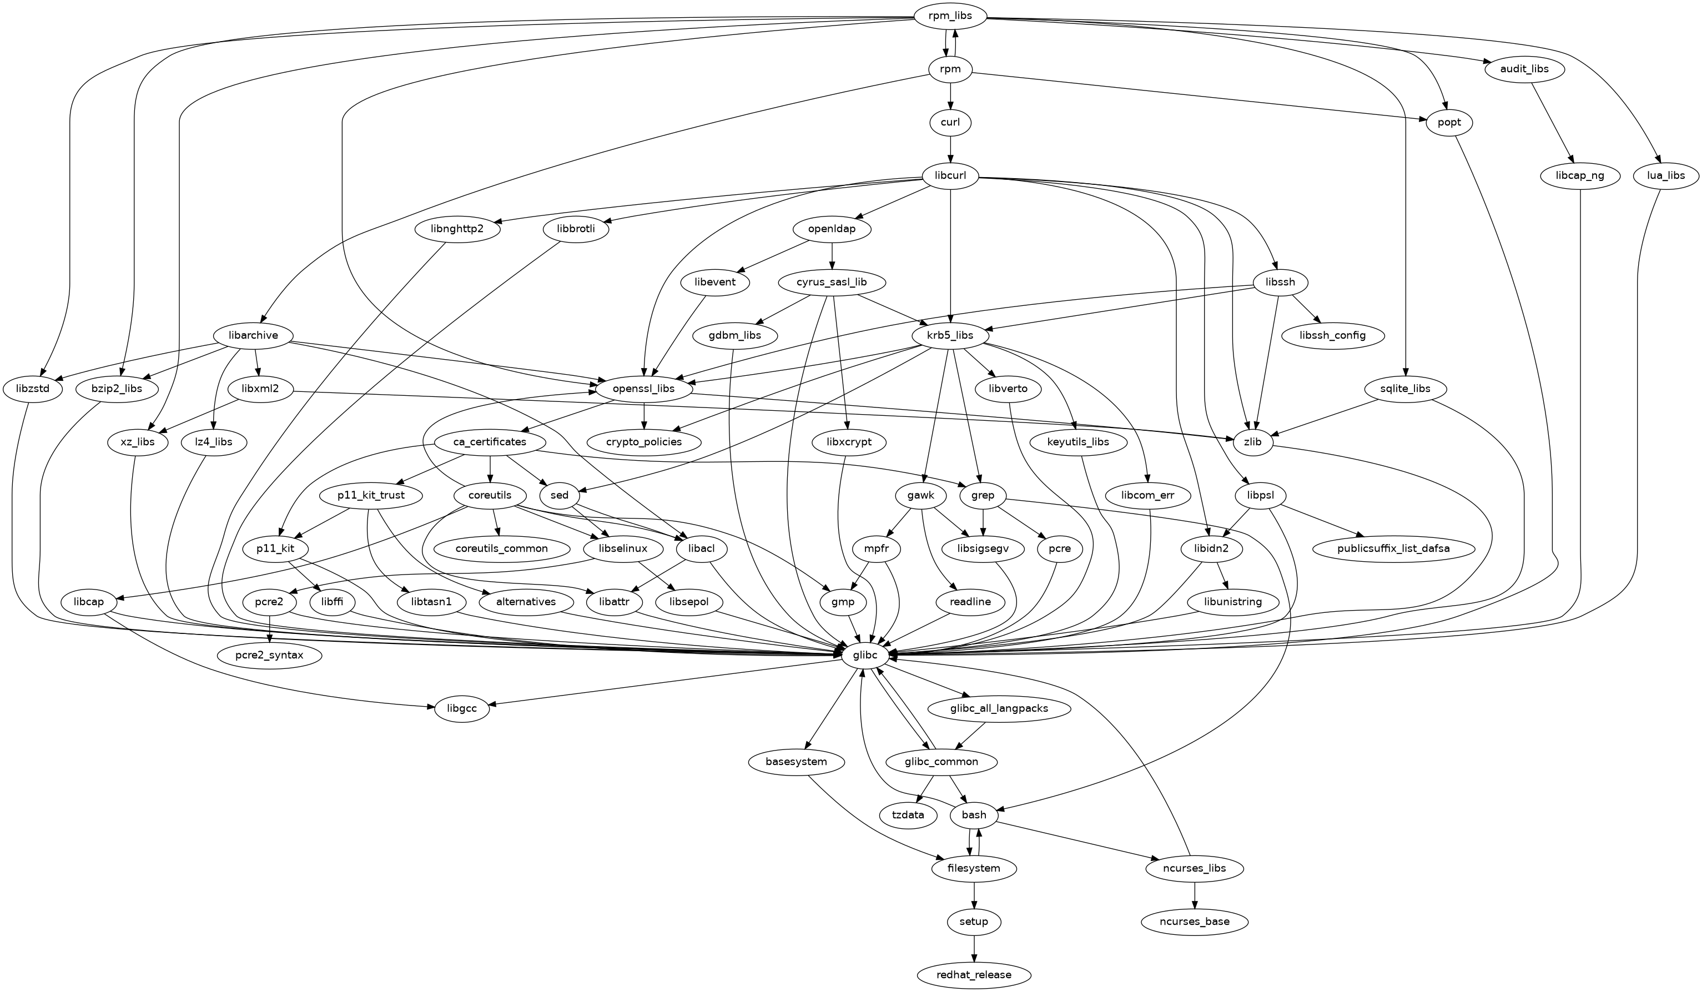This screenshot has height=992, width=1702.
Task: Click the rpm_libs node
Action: pos(950,16)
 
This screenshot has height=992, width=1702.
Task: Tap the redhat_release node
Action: pos(974,974)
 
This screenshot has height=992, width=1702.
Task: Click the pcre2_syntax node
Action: pos(269,654)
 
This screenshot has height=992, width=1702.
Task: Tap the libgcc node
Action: pos(462,708)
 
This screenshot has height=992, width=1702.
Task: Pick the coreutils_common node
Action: pos(501,548)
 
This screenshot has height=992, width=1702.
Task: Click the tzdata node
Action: pos(908,815)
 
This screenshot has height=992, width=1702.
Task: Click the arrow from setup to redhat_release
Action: pos(974,948)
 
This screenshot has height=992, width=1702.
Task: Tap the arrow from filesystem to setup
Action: pos(974,895)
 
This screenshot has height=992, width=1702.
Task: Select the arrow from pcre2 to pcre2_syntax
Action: pos(269,628)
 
